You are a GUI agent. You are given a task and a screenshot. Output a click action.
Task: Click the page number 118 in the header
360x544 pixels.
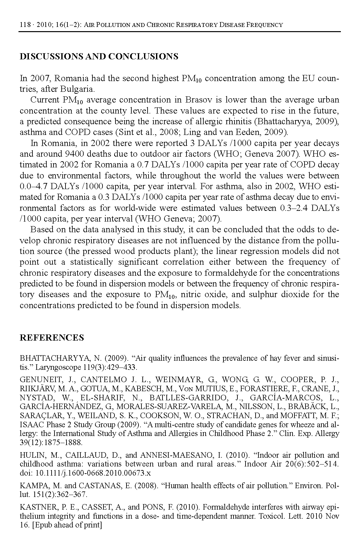coord(25,25)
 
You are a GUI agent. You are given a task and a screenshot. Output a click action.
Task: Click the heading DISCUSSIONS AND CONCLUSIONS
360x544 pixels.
coord(99,56)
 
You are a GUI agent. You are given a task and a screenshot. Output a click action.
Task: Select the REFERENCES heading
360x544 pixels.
coord(52,338)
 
